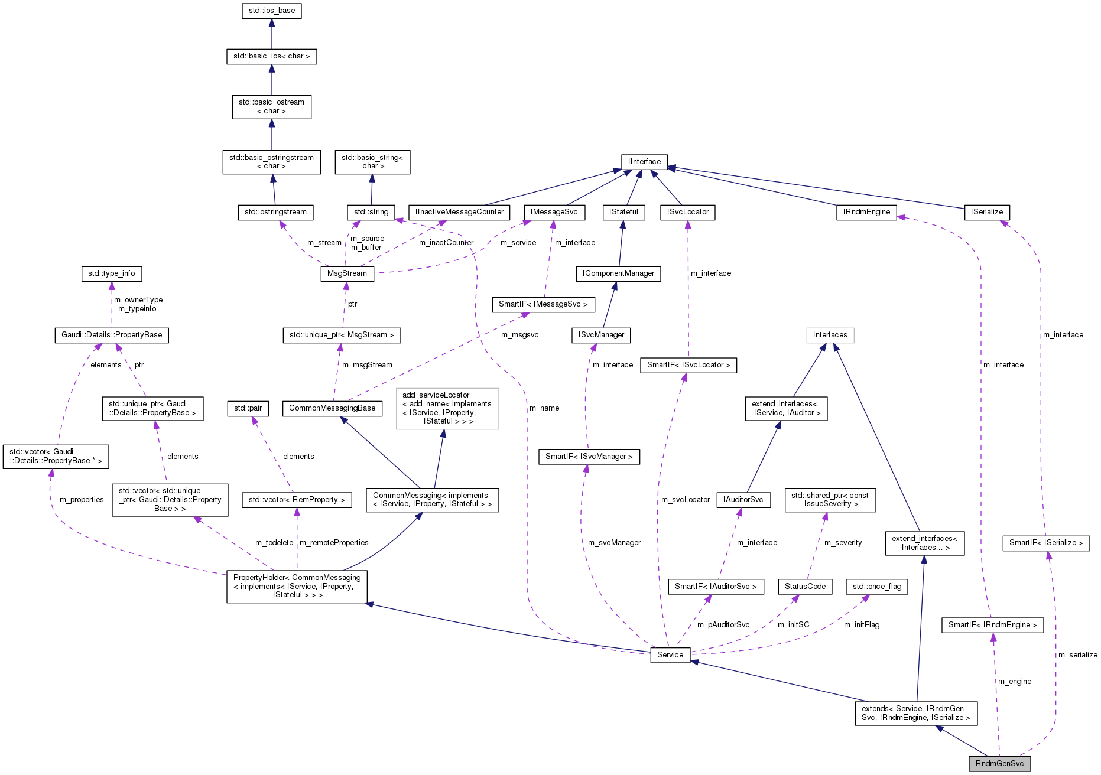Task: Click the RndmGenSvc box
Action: click(999, 763)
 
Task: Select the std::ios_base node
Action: click(272, 11)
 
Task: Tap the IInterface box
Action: click(644, 162)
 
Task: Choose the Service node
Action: click(670, 655)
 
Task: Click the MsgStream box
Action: click(347, 273)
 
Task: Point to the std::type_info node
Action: click(111, 273)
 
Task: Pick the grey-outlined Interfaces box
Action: click(830, 335)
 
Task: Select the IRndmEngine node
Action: click(866, 212)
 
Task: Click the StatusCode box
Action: click(805, 587)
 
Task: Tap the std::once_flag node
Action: click(877, 587)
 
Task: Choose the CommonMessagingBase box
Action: click(332, 408)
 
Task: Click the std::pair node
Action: click(248, 408)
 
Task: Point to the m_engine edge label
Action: click(1015, 682)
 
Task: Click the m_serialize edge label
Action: click(1078, 655)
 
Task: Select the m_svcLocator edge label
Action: click(686, 500)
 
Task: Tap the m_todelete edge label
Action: click(274, 543)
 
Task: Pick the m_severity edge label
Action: click(843, 543)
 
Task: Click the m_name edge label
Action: click(544, 408)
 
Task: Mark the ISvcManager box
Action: click(601, 335)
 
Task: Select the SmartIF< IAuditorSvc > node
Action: click(716, 587)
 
